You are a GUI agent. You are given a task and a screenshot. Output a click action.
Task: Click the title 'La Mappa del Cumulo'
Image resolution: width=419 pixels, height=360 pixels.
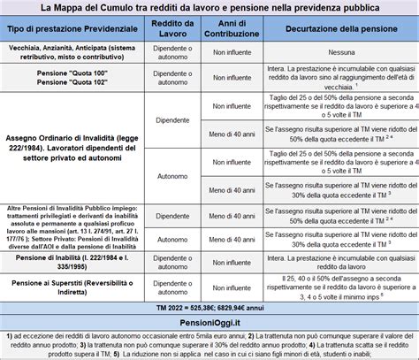pyautogui.click(x=209, y=8)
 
